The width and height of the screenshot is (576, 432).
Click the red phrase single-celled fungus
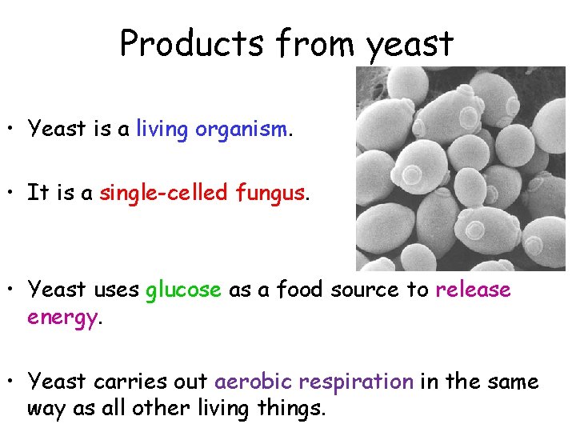click(202, 193)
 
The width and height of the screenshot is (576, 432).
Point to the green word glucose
click(183, 290)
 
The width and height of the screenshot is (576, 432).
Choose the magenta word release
click(473, 290)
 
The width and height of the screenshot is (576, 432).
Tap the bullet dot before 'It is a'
click(11, 194)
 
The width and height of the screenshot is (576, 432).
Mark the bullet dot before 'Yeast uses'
click(11, 290)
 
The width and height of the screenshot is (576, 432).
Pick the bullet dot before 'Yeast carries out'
click(11, 382)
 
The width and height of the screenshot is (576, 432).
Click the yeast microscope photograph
click(460, 168)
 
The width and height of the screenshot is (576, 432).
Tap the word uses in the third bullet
click(113, 290)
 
